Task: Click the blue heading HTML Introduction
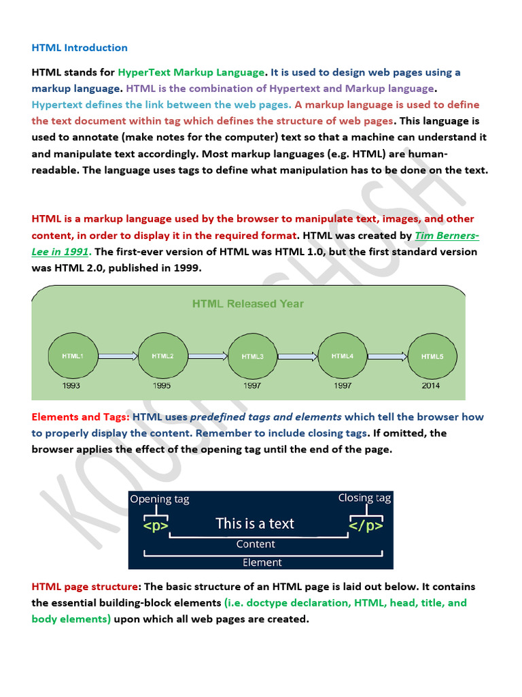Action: pyautogui.click(x=80, y=48)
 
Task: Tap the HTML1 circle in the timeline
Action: pyautogui.click(x=73, y=356)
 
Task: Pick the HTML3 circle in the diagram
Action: pyautogui.click(x=252, y=356)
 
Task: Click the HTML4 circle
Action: pyautogui.click(x=342, y=355)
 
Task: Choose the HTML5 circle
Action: pyautogui.click(x=431, y=356)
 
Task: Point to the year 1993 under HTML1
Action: pyautogui.click(x=72, y=385)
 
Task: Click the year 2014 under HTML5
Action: pyautogui.click(x=431, y=385)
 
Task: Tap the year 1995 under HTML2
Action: pyautogui.click(x=161, y=385)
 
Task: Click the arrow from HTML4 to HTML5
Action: pyautogui.click(x=386, y=355)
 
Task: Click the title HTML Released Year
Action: pyautogui.click(x=248, y=304)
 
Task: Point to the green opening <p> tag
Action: pyautogui.click(x=155, y=525)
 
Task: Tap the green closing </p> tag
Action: pyautogui.click(x=366, y=525)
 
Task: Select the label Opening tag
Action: pyautogui.click(x=160, y=500)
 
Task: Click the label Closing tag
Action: pyautogui.click(x=364, y=498)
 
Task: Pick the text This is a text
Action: pyautogui.click(x=255, y=523)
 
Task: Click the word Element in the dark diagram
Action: pyautogui.click(x=262, y=562)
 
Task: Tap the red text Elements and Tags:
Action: pyautogui.click(x=81, y=417)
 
